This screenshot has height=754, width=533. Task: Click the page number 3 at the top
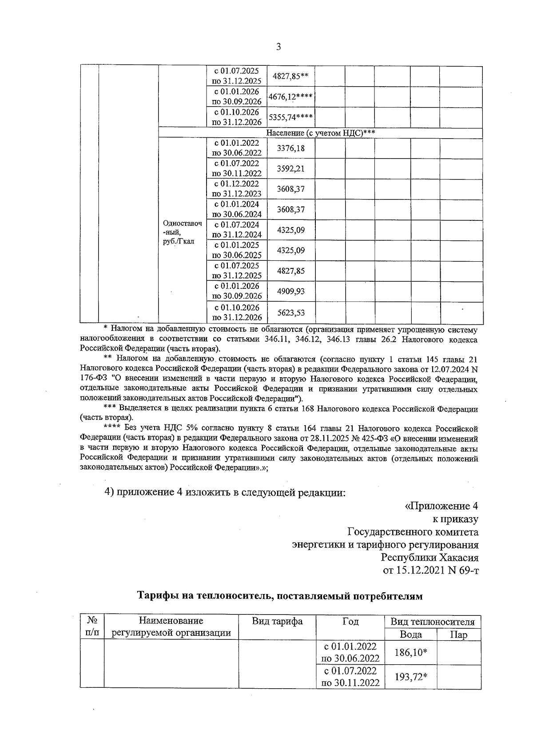[x=278, y=47]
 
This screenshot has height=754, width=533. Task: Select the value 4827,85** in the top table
[x=290, y=76]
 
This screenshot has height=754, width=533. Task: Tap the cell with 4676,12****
[x=290, y=96]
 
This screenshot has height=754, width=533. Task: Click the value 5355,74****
[x=290, y=117]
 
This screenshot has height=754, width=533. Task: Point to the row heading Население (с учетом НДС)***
[x=320, y=133]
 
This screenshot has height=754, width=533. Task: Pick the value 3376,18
[x=290, y=148]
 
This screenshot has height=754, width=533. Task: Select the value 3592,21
[x=290, y=169]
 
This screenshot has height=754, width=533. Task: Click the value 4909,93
[x=290, y=291]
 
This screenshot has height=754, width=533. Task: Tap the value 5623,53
[x=290, y=312]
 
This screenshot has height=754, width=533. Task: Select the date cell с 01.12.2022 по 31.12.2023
[x=237, y=189]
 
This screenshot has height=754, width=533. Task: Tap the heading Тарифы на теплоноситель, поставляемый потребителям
[x=280, y=596]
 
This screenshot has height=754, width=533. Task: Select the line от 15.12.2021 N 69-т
[x=430, y=570]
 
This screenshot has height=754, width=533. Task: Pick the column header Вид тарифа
[x=277, y=621]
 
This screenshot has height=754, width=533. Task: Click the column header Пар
[x=458, y=634]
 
